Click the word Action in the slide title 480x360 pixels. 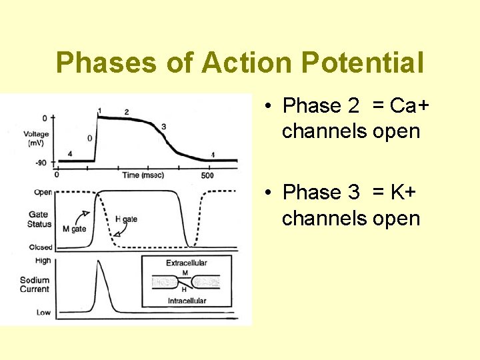[245, 63]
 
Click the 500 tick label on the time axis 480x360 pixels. [207, 175]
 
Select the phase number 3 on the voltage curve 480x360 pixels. [163, 127]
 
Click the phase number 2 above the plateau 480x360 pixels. [126, 113]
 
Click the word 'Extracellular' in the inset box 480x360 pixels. [187, 263]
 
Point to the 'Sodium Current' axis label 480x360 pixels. [35, 285]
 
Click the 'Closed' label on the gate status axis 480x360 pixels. [41, 247]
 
